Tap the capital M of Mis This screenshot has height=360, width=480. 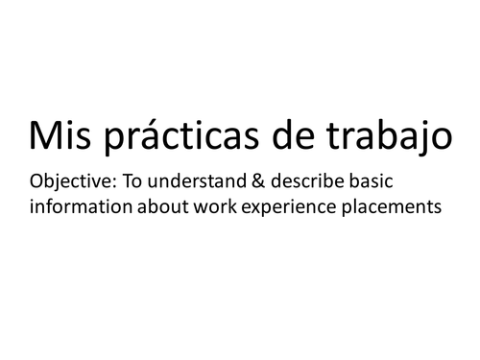(x=44, y=137)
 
